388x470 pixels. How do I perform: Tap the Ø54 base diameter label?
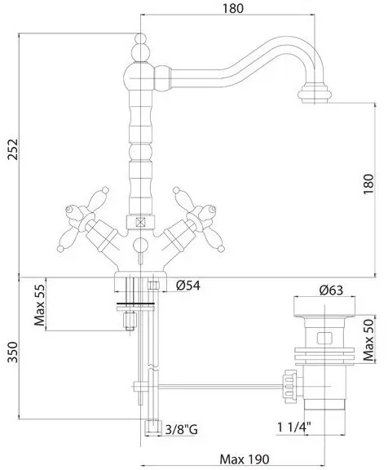click(188, 286)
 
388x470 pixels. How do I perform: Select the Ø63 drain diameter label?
click(331, 290)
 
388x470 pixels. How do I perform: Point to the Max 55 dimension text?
click(39, 305)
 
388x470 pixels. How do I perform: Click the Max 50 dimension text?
click(368, 339)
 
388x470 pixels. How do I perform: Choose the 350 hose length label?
click(12, 352)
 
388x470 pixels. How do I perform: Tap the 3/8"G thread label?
click(182, 429)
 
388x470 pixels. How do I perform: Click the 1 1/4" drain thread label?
click(293, 427)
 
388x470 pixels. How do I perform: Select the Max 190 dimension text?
click(245, 459)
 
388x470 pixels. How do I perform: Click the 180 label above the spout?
click(233, 8)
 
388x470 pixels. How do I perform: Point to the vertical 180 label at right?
click(368, 184)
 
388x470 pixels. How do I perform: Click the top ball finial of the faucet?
click(141, 38)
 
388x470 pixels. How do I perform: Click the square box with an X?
click(140, 222)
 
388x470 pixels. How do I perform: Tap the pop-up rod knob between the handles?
click(140, 244)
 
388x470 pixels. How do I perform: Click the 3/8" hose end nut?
click(152, 428)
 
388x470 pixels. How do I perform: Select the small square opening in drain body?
click(324, 339)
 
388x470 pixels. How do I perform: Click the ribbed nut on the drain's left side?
click(289, 387)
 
